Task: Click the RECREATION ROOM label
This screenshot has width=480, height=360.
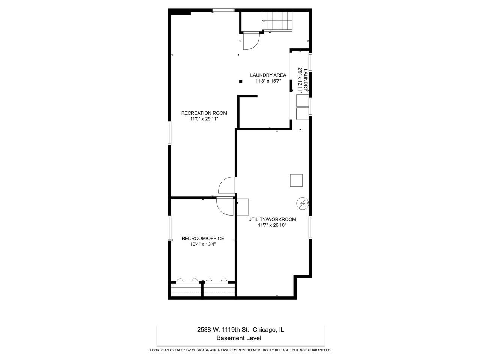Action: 204,113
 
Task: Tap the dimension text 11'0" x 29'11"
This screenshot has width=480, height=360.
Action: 204,119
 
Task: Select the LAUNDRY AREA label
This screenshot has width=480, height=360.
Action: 268,75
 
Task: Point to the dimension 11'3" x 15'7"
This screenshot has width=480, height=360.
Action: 268,81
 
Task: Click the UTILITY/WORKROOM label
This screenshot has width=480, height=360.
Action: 272,219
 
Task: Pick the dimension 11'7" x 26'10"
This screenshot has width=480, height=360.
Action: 272,225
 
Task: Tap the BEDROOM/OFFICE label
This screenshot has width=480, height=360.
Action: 203,238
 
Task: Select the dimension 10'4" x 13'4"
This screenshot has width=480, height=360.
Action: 203,244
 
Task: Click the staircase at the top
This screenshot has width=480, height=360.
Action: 277,21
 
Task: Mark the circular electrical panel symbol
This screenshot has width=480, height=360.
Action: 302,203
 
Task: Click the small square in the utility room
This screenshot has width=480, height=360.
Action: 296,180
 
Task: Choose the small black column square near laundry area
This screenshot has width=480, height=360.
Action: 241,82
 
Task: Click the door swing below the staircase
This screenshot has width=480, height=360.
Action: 250,41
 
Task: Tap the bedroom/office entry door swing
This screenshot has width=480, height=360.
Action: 225,206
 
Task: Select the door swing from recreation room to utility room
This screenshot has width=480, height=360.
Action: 227,185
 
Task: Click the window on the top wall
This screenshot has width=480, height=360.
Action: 224,10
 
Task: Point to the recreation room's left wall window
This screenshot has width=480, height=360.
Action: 169,133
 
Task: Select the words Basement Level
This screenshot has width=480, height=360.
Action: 239,338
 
